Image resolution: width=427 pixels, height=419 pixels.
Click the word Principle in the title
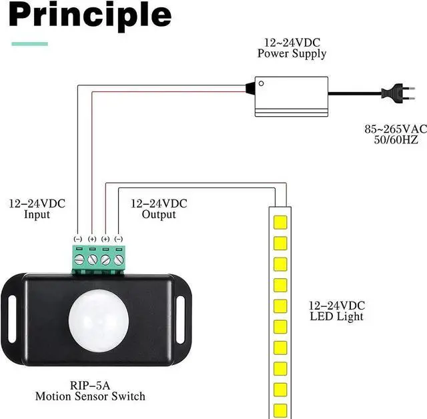[91, 16]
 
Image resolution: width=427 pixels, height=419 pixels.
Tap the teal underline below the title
[30, 44]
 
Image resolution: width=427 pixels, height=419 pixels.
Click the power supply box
[292, 95]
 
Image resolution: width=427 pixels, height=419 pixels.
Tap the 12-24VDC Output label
[159, 209]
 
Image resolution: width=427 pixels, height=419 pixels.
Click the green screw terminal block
[98, 257]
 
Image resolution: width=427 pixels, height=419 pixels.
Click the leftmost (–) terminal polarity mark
[78, 238]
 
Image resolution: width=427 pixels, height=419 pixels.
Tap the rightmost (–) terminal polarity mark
[119, 238]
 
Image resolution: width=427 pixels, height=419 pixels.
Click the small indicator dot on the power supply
[261, 83]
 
